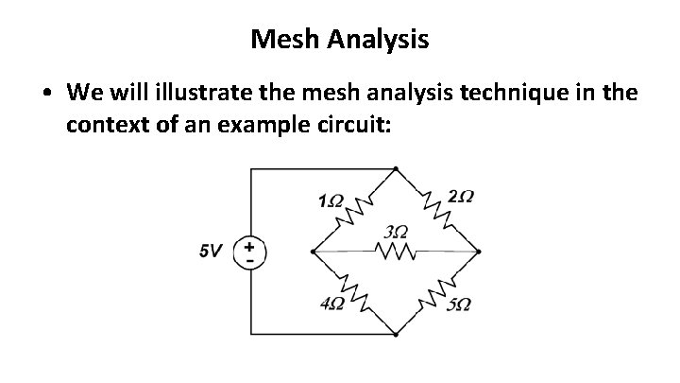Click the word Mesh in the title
click(284, 40)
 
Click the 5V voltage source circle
click(250, 252)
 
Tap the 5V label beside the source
click(211, 252)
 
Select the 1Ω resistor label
click(331, 200)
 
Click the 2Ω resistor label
click(462, 197)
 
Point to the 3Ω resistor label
click(398, 232)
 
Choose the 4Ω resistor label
click(331, 304)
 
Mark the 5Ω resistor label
click(460, 305)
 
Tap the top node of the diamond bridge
click(396, 169)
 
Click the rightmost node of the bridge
click(480, 252)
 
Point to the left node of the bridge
click(313, 252)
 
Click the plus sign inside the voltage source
click(250, 246)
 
